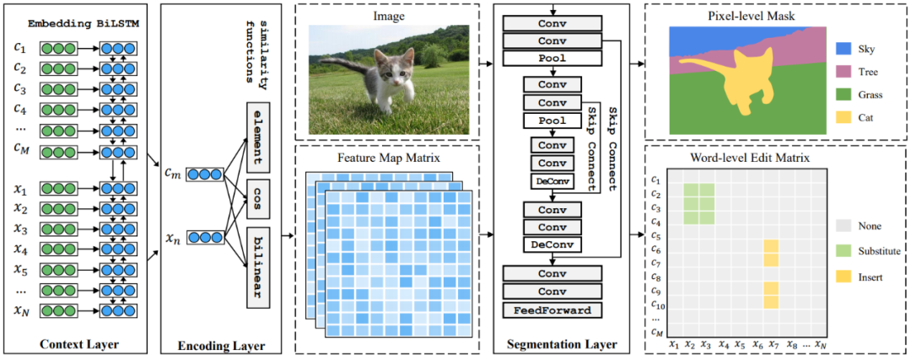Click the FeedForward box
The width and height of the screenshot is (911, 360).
552,309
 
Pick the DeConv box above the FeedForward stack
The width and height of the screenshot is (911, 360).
552,244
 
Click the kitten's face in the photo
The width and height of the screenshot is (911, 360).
390,75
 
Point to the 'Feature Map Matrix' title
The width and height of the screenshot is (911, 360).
387,158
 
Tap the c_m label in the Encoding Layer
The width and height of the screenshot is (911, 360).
173,174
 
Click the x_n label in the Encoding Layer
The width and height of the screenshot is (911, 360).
173,239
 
